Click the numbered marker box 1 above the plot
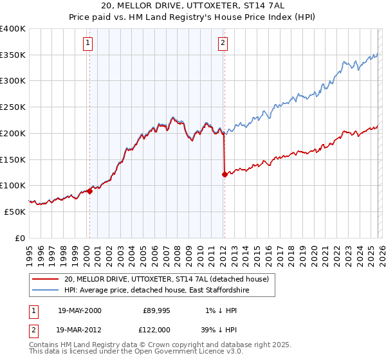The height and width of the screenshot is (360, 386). tap(87, 43)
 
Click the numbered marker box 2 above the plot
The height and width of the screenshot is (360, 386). tap(223, 43)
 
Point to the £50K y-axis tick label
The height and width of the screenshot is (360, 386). tap(15, 212)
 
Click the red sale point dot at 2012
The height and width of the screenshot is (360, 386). tap(225, 174)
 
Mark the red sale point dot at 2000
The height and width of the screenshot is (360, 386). tap(90, 191)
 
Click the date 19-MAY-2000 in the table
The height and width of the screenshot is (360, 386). tap(79, 310)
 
